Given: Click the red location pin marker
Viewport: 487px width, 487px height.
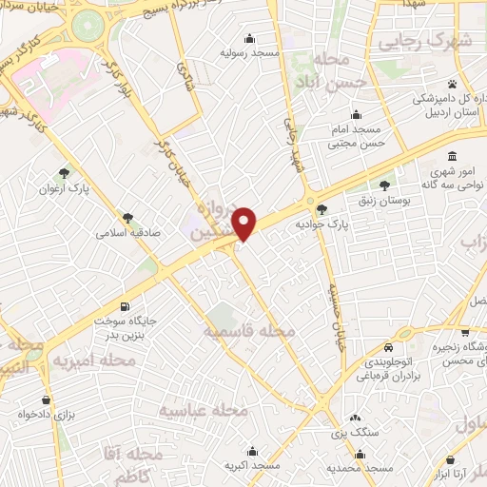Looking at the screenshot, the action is click(245, 224).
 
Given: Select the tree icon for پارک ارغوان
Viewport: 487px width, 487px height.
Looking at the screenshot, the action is click(64, 172).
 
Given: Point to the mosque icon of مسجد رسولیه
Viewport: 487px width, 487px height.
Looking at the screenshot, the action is click(250, 38).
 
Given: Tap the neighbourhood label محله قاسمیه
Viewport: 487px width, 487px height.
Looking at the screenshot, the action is click(250, 331).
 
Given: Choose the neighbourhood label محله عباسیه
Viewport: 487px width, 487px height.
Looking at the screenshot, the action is click(203, 410).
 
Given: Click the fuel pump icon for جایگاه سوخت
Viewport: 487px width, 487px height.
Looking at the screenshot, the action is click(102, 321).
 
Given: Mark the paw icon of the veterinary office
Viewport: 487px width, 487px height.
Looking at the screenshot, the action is click(465, 83).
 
